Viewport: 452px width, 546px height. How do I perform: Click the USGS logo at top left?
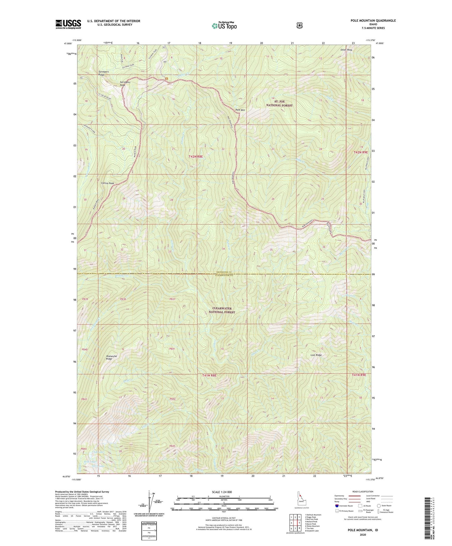click(x=68, y=24)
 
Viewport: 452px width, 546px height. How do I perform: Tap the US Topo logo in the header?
click(x=224, y=26)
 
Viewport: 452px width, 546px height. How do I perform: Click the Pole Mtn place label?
click(x=240, y=110)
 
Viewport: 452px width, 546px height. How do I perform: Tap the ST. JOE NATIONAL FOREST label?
click(x=279, y=104)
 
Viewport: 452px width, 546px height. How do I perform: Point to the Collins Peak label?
click(x=107, y=183)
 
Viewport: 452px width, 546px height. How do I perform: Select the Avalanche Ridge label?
click(x=111, y=357)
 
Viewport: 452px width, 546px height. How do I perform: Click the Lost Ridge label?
click(x=316, y=355)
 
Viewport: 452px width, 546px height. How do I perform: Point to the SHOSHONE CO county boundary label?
click(x=223, y=272)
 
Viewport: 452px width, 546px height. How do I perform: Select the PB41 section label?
click(x=172, y=349)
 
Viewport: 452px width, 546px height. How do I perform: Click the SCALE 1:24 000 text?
click(x=221, y=492)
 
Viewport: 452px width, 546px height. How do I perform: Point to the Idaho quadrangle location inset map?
click(x=302, y=500)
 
